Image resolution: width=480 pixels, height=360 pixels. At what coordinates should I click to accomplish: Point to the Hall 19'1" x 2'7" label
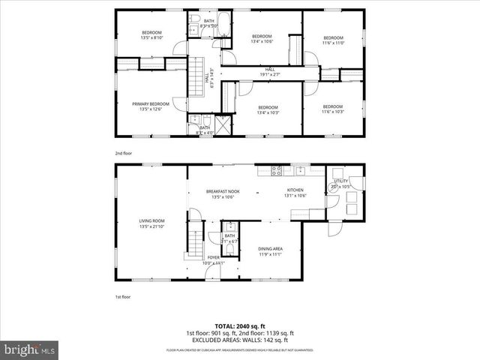pos(271,72)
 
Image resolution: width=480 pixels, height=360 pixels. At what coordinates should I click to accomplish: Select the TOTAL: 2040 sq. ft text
pos(240,327)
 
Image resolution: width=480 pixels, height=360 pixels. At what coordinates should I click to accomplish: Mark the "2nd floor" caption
pos(124,153)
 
